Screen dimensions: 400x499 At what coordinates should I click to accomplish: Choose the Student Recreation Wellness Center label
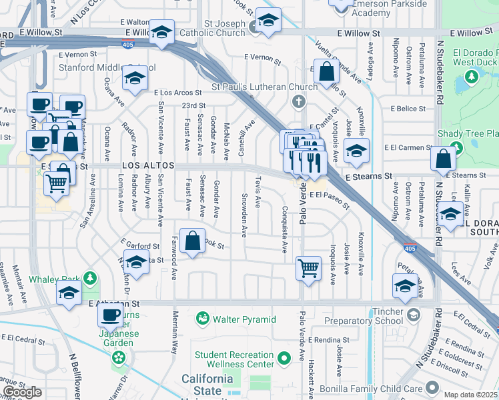point(233,359)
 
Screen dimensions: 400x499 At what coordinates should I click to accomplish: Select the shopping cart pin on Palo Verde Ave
point(309,268)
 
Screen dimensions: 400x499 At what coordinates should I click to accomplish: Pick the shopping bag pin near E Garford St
point(193,242)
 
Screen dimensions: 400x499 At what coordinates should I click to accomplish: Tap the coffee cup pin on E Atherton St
point(111,313)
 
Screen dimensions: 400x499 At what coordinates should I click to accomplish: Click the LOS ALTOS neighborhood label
point(147,165)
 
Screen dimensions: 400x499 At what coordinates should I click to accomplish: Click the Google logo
point(23,392)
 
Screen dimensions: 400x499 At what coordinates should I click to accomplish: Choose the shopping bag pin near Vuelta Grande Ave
point(326,72)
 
